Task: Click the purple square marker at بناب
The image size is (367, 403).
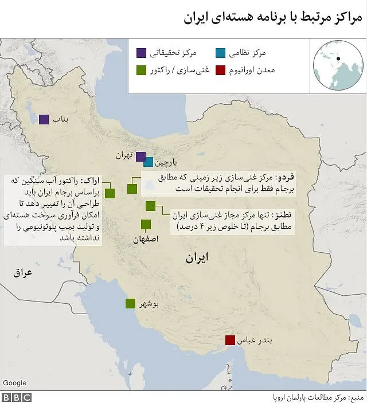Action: (44, 120)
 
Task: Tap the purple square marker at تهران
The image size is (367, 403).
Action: (140, 156)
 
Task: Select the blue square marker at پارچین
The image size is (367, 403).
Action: (149, 162)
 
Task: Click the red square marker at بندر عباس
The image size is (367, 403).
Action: (230, 341)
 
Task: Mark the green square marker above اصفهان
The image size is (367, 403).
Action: (146, 224)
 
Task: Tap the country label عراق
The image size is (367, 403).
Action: (24, 273)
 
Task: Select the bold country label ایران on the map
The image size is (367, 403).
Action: (197, 258)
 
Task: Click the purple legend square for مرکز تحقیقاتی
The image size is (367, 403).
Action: (140, 53)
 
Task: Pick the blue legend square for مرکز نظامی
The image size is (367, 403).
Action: (221, 53)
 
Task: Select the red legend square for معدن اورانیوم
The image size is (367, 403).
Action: (221, 71)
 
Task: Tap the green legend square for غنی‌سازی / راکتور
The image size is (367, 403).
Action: (140, 71)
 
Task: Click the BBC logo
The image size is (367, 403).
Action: (17, 397)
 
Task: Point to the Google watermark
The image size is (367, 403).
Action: (15, 382)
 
